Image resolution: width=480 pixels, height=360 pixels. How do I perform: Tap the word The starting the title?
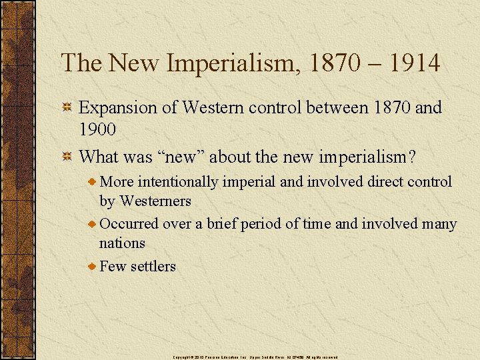tap(81, 64)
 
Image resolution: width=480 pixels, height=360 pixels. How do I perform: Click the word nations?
tap(122, 243)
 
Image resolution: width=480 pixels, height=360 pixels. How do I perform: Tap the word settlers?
tap(153, 266)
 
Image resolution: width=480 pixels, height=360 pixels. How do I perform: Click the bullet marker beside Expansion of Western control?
tap(67, 108)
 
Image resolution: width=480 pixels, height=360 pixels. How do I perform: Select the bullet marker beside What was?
tap(67, 157)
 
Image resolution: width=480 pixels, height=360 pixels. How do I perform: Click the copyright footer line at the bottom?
tap(255, 357)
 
